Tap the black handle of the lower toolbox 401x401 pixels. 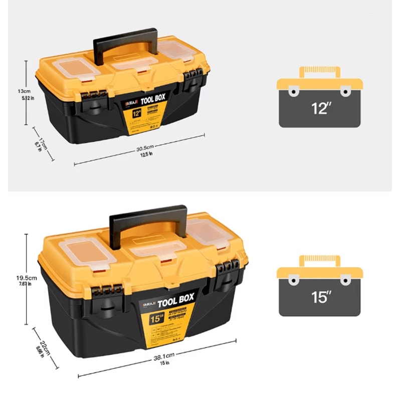click(148, 213)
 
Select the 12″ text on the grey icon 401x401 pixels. click(319, 108)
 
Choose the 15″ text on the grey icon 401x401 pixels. click(319, 297)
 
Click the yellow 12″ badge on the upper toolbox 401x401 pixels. click(136, 114)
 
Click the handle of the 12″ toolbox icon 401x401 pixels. click(319, 71)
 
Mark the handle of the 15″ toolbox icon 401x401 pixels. click(319, 260)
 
